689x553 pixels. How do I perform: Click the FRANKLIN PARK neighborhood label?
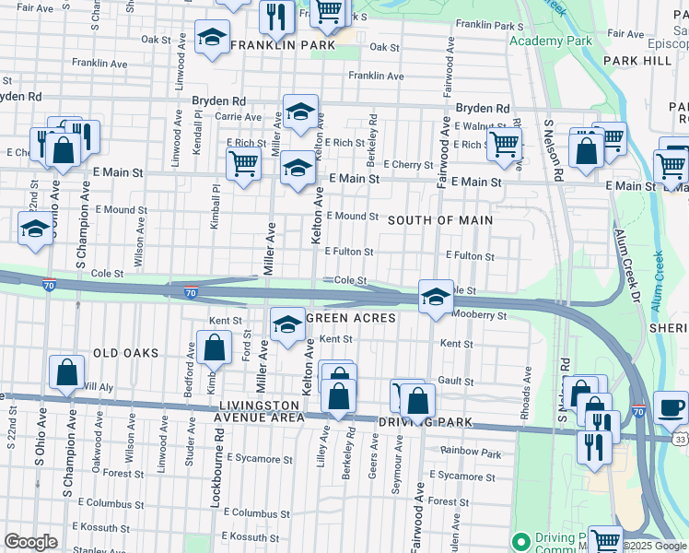coord(282,44)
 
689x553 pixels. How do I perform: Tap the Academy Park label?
coord(550,41)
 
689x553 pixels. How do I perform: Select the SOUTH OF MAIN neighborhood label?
coord(439,220)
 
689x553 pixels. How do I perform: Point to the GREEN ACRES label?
coord(350,318)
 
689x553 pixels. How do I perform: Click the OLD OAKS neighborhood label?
coord(125,353)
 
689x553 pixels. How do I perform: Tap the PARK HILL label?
coord(637,60)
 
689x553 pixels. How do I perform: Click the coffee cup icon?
coord(671,406)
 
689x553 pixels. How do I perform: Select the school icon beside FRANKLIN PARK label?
coord(213,38)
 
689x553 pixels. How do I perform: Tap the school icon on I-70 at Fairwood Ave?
coord(436,296)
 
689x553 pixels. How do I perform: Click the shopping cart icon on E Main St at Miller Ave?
coord(243,164)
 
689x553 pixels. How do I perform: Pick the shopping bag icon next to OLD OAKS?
coord(214,347)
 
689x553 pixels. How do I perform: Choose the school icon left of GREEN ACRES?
coord(287,324)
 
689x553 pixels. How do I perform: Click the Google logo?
coord(30,542)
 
